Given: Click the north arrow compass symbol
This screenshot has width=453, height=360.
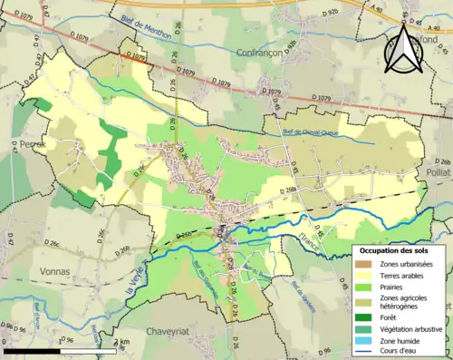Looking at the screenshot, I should tap(402, 48).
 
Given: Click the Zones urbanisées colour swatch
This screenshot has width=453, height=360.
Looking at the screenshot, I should tap(367, 263).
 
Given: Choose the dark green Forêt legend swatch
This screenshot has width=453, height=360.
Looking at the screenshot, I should tap(367, 316).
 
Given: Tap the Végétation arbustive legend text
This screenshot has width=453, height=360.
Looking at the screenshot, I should tap(415, 327).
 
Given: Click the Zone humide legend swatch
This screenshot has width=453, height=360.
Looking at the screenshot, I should tap(367, 339).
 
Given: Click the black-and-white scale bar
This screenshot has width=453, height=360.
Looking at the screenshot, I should tap(60, 350).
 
